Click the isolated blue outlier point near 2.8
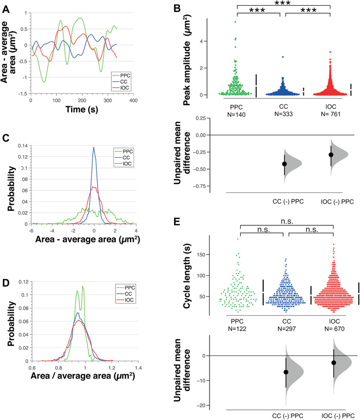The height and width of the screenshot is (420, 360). pyautogui.click(x=283, y=57)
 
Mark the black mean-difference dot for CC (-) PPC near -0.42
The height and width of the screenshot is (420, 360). pyautogui.click(x=285, y=164)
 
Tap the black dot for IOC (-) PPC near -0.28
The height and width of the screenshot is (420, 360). pyautogui.click(x=331, y=155)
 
